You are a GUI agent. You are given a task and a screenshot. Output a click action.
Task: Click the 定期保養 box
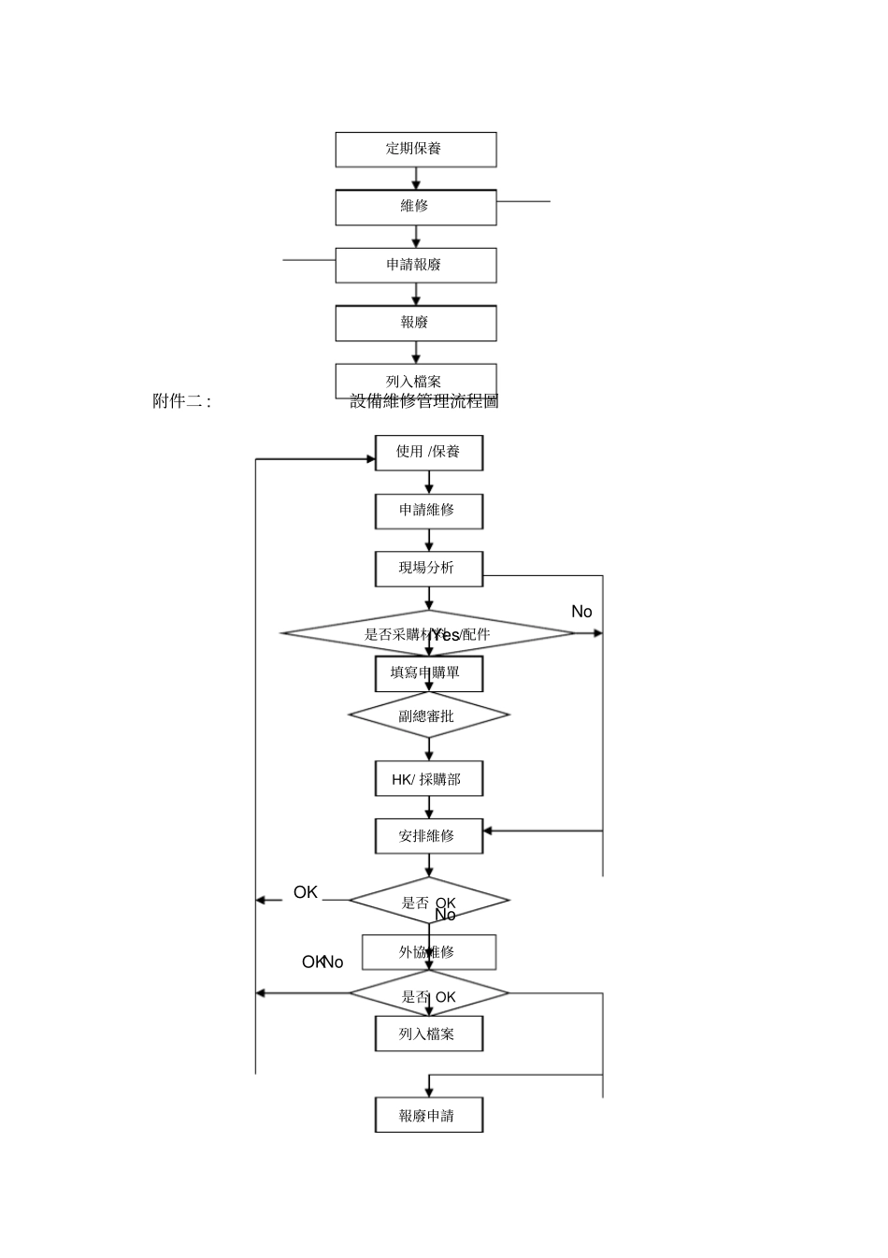(x=415, y=150)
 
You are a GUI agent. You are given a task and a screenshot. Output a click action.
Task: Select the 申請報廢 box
(x=415, y=265)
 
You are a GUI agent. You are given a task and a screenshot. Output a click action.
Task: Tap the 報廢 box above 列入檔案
(x=415, y=323)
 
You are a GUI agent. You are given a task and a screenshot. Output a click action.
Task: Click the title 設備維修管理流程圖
(x=424, y=401)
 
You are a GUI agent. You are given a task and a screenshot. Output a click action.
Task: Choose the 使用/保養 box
(x=428, y=453)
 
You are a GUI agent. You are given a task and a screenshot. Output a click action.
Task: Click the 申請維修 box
(x=428, y=511)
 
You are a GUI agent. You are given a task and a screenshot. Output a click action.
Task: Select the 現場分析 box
(x=428, y=569)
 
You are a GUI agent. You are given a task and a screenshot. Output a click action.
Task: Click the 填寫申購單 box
(x=428, y=673)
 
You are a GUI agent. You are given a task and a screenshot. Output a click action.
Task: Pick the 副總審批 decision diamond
(x=428, y=716)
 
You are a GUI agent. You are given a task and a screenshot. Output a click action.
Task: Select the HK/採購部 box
(x=428, y=779)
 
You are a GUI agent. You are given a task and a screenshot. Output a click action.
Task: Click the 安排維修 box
(x=428, y=836)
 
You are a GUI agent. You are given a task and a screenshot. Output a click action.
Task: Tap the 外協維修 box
(x=428, y=952)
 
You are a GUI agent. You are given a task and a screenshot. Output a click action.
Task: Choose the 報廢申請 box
(x=428, y=1116)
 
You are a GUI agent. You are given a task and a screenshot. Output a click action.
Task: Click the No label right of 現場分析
(x=581, y=612)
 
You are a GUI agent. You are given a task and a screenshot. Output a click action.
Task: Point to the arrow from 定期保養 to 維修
(x=416, y=179)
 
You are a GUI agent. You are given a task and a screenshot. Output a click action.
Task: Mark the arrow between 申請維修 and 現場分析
(x=429, y=541)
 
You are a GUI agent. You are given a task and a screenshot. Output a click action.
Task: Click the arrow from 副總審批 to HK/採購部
(x=429, y=750)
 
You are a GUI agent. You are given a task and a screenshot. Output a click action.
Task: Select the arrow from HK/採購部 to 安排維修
(x=429, y=808)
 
